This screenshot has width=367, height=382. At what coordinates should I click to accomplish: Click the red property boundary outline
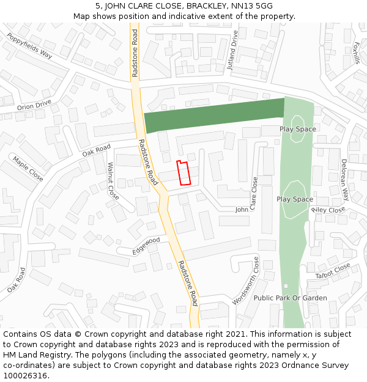[183, 172]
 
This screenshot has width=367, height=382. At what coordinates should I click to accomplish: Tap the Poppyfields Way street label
[29, 45]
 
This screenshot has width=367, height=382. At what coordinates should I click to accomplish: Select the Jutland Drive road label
[232, 50]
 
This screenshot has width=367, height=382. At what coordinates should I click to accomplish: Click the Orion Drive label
[34, 106]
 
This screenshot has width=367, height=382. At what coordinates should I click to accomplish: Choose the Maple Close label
[28, 168]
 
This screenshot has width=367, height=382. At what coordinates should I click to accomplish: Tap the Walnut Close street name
[113, 181]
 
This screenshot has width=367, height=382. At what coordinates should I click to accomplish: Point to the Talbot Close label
[333, 271]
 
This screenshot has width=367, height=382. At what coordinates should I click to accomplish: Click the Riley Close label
[328, 210]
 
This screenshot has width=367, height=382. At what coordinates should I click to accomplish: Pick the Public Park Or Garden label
[290, 298]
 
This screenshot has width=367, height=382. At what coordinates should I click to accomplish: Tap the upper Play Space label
[298, 129]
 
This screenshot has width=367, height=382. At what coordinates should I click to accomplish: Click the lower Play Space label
[295, 199]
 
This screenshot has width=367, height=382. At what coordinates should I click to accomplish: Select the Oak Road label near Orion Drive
[97, 150]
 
